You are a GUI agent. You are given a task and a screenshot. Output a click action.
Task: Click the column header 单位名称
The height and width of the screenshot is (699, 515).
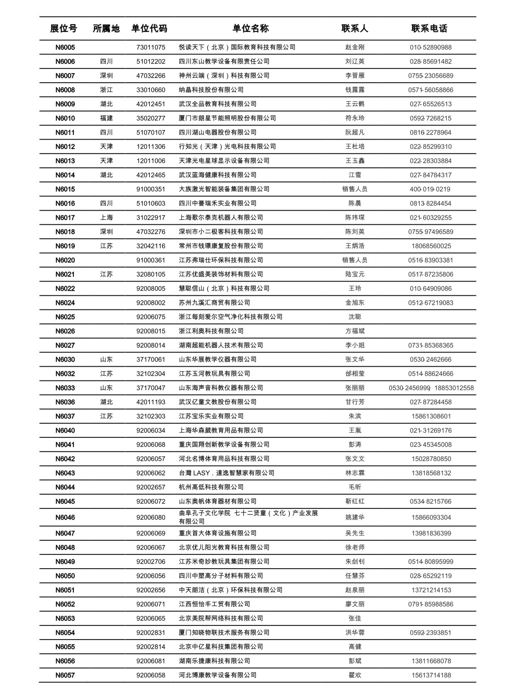[250, 29]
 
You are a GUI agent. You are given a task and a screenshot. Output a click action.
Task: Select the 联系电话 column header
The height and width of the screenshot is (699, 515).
[429, 29]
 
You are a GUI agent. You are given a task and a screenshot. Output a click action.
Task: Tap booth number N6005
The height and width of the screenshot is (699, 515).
[65, 47]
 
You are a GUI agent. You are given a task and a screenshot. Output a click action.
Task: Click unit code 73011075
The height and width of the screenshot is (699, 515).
[151, 47]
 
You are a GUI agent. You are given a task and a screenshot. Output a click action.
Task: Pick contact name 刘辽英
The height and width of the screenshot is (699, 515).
[355, 61]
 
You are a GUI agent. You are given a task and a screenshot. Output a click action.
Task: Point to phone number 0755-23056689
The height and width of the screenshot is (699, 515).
[431, 76]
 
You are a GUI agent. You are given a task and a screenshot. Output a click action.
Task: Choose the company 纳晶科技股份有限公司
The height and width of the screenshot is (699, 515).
[211, 90]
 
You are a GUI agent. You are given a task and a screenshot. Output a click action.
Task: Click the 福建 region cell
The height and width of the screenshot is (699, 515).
[106, 118]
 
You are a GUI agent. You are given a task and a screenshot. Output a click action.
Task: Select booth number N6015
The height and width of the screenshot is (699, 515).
[65, 189]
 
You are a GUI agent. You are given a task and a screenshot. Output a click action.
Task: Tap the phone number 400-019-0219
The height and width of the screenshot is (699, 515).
[430, 189]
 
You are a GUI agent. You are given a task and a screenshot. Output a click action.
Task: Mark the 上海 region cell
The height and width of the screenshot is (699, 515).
[106, 217]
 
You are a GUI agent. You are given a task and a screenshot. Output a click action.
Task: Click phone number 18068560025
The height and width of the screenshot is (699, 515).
[431, 246]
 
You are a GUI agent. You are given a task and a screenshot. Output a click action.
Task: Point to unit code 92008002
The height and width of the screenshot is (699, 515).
[151, 303]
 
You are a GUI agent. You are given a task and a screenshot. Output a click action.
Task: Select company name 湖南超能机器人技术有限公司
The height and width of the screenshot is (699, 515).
[221, 345]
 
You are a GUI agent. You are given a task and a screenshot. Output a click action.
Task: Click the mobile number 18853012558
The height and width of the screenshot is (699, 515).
[454, 388]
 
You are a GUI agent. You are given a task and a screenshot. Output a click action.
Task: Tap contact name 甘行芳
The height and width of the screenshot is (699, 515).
[355, 402]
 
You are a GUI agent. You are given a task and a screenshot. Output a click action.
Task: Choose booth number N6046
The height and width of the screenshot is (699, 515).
[65, 518]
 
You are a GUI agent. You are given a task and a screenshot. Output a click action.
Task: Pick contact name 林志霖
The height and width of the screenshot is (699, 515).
[355, 473]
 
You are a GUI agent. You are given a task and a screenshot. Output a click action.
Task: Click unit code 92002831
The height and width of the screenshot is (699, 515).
[151, 633]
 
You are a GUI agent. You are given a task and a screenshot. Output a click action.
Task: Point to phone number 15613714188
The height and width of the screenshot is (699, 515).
[431, 675]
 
